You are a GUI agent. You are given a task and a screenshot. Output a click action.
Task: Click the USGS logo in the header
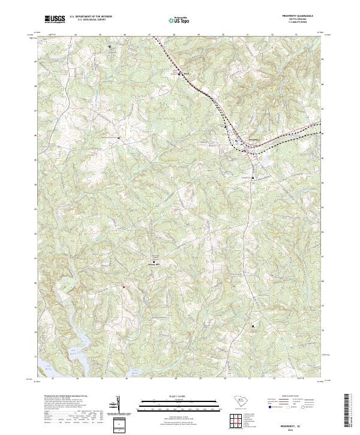coord(55,19)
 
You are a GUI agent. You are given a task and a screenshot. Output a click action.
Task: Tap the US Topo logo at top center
coord(177,20)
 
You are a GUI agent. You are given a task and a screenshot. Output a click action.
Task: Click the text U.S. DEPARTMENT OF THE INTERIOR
coord(91,17)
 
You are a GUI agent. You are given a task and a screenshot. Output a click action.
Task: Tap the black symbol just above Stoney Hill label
coord(154,262)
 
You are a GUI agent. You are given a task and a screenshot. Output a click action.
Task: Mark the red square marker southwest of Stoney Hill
coord(124,287)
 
